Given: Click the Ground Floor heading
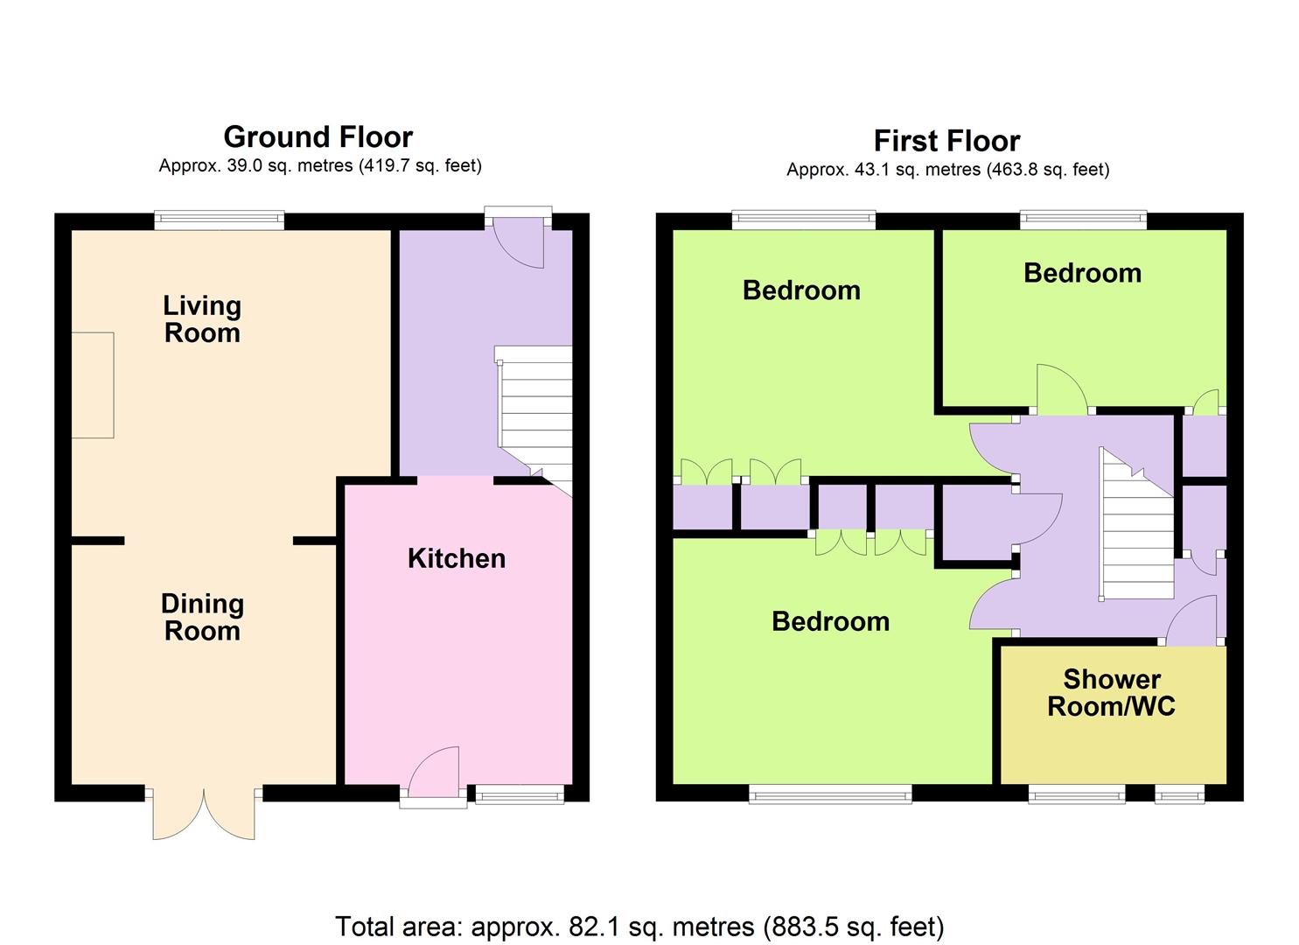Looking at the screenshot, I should click(x=318, y=137).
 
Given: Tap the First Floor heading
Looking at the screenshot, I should click(x=946, y=141).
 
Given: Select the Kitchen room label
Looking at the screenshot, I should click(x=457, y=558).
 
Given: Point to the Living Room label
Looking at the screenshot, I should click(x=202, y=319).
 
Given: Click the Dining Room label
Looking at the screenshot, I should click(x=202, y=617).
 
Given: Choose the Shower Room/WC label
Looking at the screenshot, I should click(x=1112, y=693).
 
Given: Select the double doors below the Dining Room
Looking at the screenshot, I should click(x=204, y=813).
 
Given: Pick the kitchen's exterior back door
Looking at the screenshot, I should click(x=434, y=773).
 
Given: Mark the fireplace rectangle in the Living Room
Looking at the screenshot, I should click(x=92, y=385).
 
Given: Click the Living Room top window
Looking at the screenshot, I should click(x=220, y=220).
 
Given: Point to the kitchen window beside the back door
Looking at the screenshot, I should click(x=520, y=794).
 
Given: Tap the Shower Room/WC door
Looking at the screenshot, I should click(x=1191, y=620).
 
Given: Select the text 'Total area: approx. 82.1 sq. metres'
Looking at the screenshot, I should click(x=544, y=927).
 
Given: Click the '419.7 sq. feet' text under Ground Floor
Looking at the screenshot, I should click(x=419, y=165).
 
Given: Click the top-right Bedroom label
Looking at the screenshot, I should click(x=1082, y=273).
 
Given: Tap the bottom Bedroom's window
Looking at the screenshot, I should click(x=830, y=794).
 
